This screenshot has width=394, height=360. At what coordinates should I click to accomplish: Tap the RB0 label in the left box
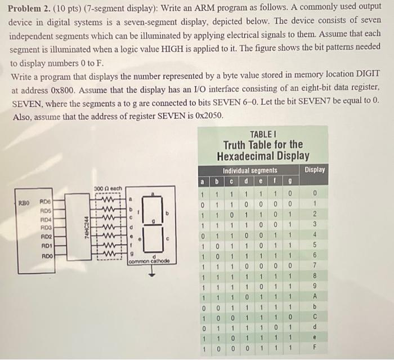(24, 201)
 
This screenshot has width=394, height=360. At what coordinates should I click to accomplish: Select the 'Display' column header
(314, 170)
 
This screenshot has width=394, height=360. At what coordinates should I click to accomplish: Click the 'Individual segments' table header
(250, 170)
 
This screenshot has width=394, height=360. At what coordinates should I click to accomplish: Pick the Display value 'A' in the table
(315, 296)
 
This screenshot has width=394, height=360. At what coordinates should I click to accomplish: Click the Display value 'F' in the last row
(315, 348)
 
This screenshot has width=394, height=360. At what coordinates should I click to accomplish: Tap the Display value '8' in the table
(315, 276)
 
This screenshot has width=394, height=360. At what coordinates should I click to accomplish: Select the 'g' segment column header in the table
(290, 181)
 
